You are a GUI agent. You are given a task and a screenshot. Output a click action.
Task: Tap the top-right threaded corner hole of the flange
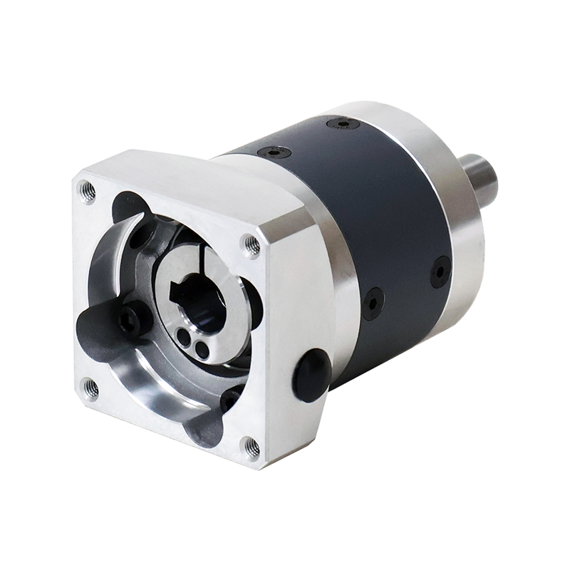click(x=252, y=245)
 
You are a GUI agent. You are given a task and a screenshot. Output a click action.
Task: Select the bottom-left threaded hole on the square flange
click(x=90, y=388)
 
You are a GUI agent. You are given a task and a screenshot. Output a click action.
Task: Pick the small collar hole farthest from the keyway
click(x=203, y=350)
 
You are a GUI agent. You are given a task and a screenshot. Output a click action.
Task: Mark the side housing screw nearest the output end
click(x=440, y=271)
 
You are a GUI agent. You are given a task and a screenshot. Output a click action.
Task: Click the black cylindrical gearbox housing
click(x=385, y=214)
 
